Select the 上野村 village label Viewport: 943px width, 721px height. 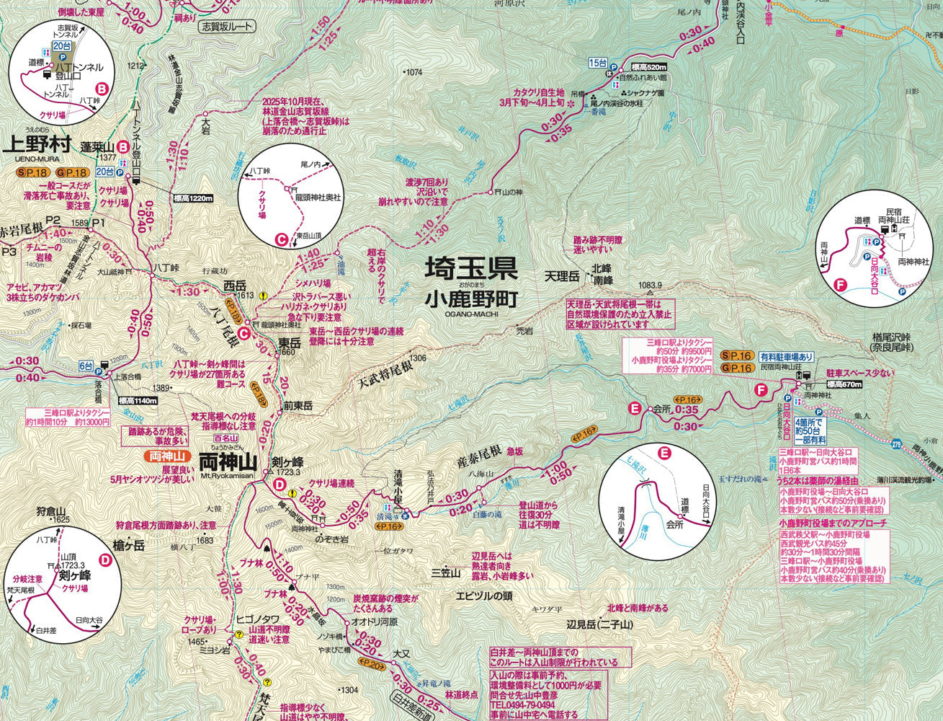37,144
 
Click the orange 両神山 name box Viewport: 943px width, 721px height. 166,456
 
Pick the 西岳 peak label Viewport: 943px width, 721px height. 235,285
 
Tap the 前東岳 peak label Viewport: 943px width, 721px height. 298,406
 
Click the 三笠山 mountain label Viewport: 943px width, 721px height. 445,573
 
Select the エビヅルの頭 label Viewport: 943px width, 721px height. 483,596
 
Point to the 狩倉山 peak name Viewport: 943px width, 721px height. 51,510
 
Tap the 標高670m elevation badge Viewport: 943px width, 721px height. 844,384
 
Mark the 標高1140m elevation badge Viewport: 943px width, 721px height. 137,401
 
